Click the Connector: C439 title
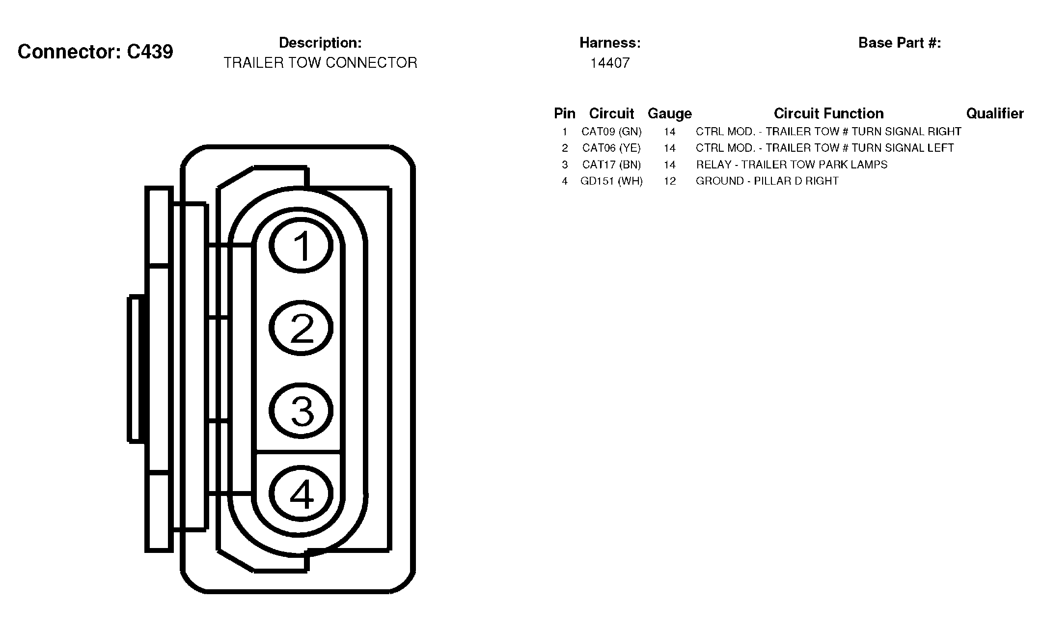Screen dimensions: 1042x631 [95, 52]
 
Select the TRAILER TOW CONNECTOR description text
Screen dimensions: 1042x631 [320, 63]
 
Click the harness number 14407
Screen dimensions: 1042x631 [610, 63]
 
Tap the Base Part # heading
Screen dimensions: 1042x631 [900, 43]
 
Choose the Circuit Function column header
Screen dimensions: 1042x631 [829, 113]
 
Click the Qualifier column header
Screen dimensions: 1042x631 [995, 113]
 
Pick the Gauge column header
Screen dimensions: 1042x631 [670, 113]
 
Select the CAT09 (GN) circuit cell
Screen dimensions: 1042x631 [611, 132]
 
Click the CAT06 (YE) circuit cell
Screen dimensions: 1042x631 [611, 148]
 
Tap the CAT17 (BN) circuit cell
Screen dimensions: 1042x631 [611, 165]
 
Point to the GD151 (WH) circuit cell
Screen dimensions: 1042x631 [611, 181]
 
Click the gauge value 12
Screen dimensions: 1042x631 [670, 181]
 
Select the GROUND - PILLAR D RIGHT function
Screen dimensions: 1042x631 [767, 181]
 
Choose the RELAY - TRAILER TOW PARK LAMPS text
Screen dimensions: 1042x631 [792, 165]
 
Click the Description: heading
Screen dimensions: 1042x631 [320, 43]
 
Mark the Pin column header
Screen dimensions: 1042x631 [565, 113]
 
